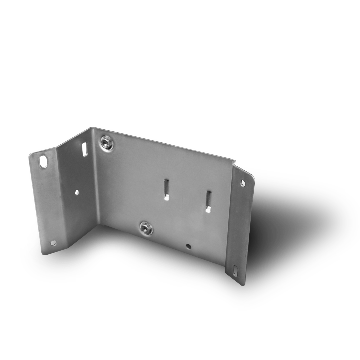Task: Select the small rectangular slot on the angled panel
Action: click(84, 149)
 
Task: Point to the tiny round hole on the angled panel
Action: click(77, 192)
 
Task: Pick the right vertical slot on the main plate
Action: click(208, 201)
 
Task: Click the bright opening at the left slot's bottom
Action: click(166, 198)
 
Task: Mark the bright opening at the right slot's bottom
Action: click(208, 210)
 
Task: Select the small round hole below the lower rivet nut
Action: click(189, 247)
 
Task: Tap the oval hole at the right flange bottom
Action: click(236, 270)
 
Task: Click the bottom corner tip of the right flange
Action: click(241, 285)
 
